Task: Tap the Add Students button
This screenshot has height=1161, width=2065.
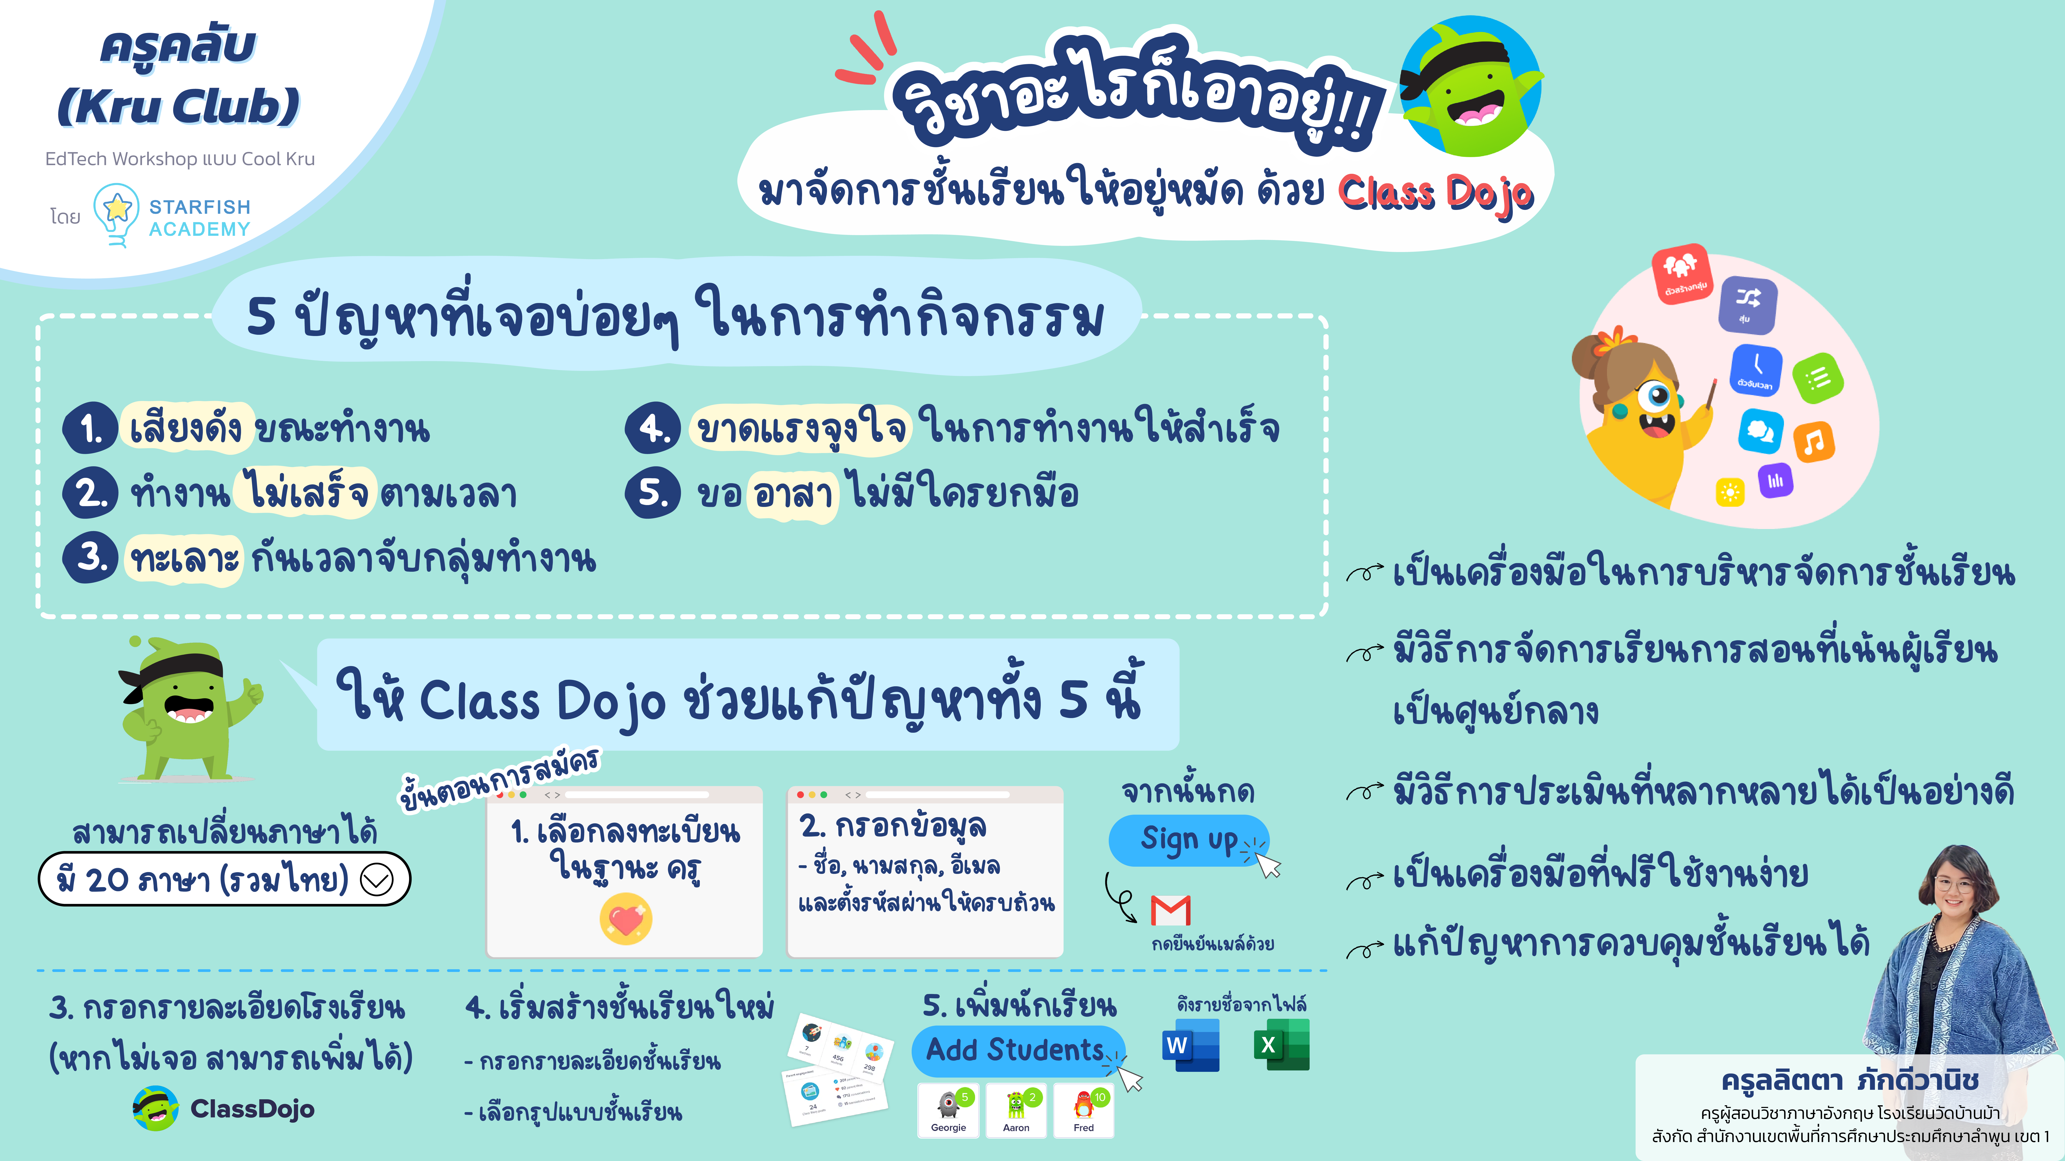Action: [x=1016, y=1050]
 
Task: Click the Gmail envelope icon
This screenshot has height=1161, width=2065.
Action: [x=1170, y=910]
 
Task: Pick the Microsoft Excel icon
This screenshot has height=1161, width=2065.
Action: [x=1281, y=1045]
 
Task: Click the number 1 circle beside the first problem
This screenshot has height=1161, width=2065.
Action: [x=91, y=429]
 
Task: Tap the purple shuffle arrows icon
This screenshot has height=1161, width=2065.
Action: [x=1748, y=304]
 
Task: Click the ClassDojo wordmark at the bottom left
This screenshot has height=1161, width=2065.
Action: [x=252, y=1109]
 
